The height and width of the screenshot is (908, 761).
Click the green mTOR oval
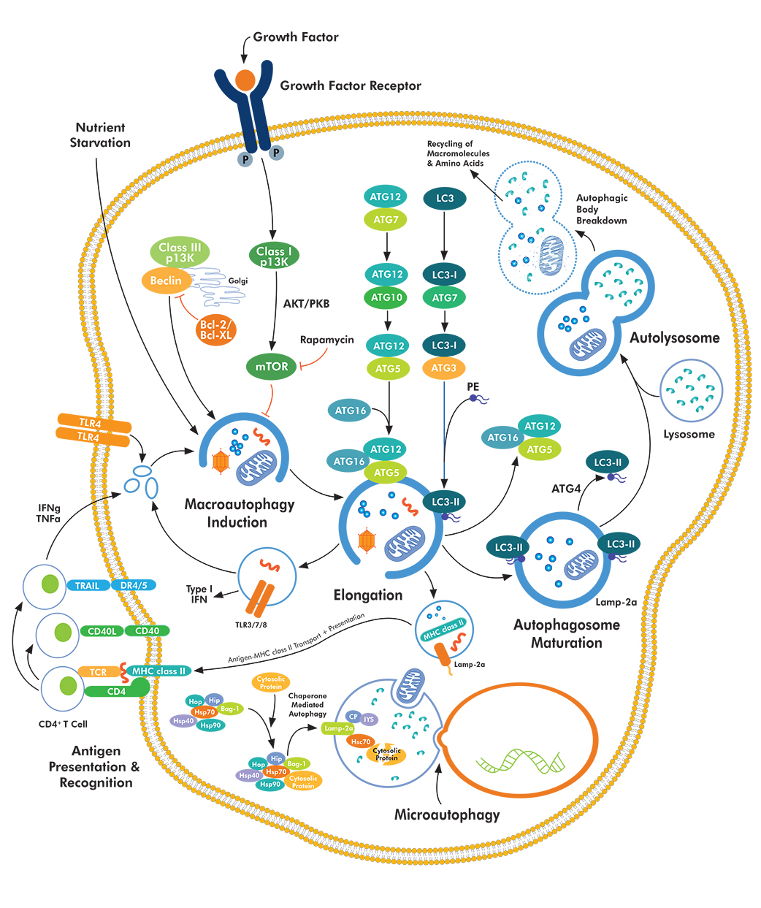(272, 367)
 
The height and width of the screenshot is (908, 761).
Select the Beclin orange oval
(166, 281)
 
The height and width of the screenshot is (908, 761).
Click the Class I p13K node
(274, 256)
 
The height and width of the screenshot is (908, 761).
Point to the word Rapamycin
(326, 340)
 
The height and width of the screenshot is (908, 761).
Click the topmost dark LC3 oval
(445, 198)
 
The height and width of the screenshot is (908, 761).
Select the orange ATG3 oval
(443, 368)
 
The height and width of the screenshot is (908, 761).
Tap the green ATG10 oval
(387, 297)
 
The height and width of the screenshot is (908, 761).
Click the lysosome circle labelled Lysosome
(690, 391)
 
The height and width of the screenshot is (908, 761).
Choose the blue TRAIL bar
(87, 585)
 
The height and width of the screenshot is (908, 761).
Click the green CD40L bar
(102, 631)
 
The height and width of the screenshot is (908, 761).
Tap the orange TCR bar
(98, 672)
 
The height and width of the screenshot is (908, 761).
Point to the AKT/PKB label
(306, 303)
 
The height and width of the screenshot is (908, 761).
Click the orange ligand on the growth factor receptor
(245, 79)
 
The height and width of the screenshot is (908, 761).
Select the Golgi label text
(238, 281)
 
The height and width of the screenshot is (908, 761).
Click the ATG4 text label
(566, 489)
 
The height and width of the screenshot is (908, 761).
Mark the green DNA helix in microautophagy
(521, 761)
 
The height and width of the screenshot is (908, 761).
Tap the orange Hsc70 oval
(361, 741)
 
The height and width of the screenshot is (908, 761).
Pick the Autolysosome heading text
(674, 337)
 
